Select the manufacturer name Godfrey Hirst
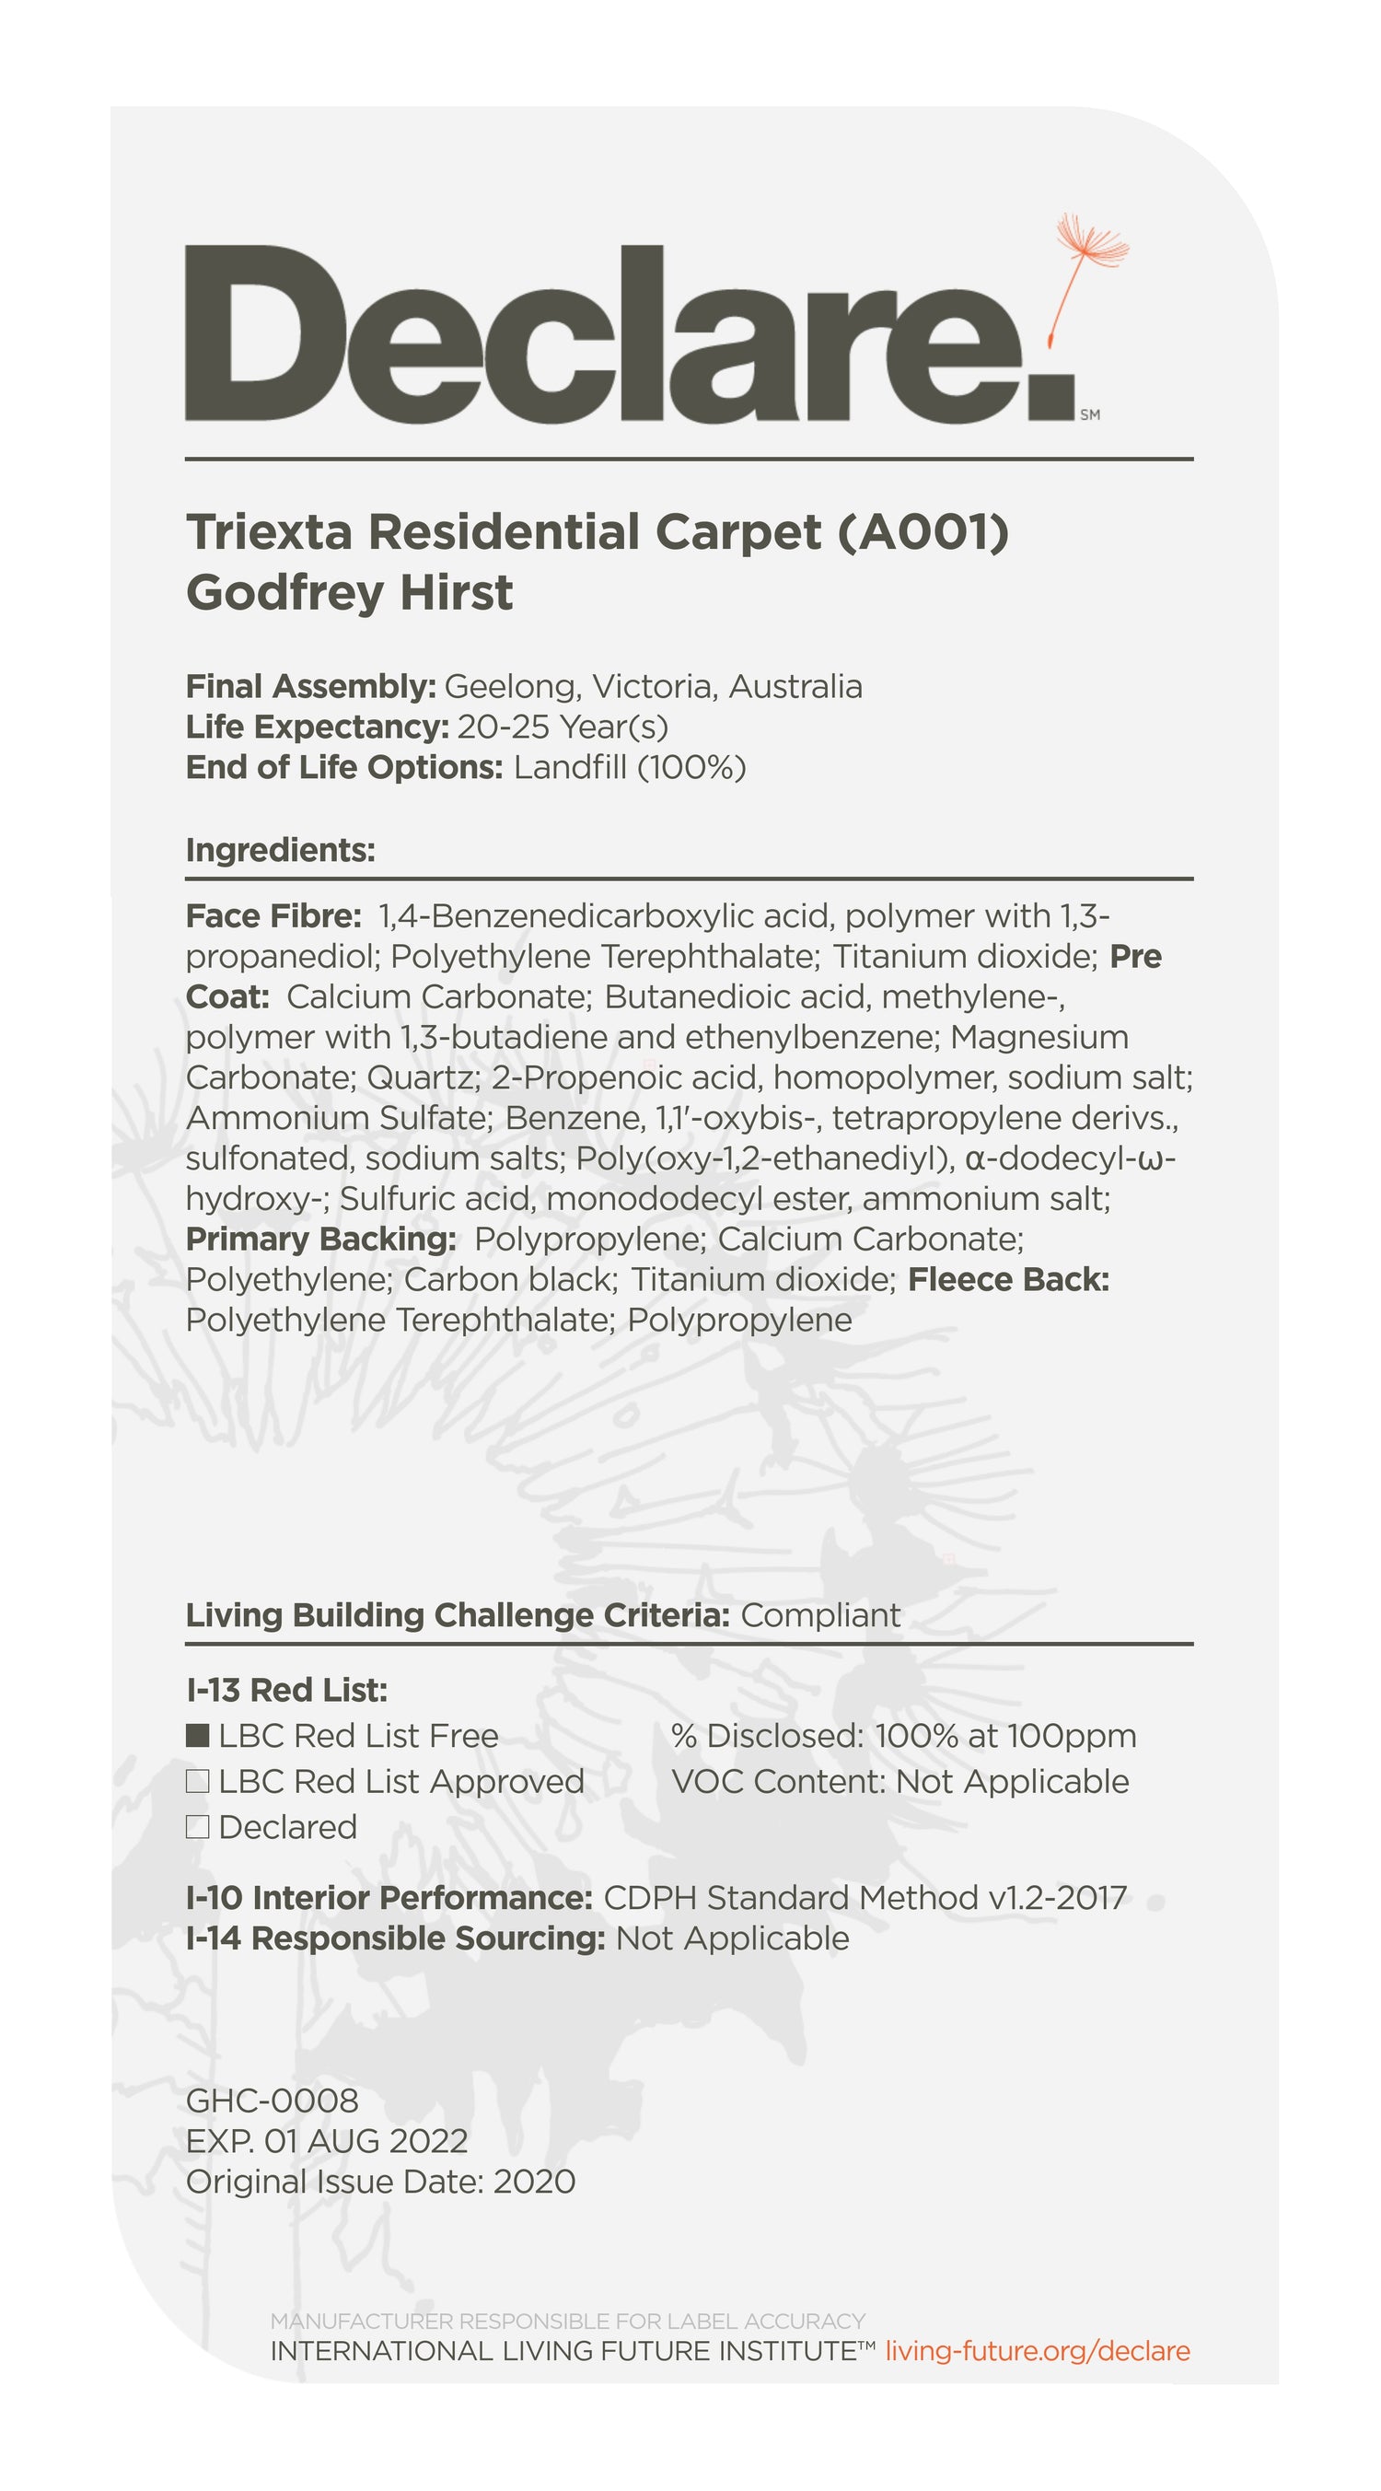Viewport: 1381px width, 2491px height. (349, 592)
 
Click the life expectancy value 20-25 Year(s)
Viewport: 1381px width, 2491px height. (562, 727)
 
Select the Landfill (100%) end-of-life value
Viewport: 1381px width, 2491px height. (630, 767)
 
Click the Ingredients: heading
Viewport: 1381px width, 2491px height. (281, 850)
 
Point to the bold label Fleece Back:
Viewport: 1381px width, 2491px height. (1009, 1279)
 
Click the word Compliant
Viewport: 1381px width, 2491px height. (820, 1615)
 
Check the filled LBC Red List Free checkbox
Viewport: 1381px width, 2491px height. (197, 1736)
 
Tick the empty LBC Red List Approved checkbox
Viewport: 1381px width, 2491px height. (197, 1781)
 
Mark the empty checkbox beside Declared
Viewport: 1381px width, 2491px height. (197, 1827)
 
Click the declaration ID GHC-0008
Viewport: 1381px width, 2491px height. (272, 2101)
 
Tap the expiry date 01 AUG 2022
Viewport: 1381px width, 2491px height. (366, 2141)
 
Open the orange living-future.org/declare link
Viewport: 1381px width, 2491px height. (1038, 2351)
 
